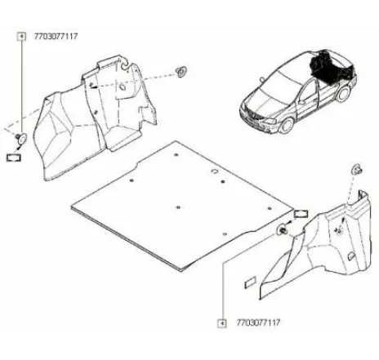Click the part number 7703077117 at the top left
56,36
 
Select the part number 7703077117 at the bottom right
258,322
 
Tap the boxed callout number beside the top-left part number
21,37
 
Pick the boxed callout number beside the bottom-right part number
222,323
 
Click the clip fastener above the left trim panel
181,71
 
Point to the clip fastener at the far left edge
20,138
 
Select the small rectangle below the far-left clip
14,158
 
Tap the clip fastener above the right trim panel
357,169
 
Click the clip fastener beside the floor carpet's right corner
283,231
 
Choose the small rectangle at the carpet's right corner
301,214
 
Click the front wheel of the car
287,126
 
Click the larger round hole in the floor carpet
215,171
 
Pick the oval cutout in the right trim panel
351,256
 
